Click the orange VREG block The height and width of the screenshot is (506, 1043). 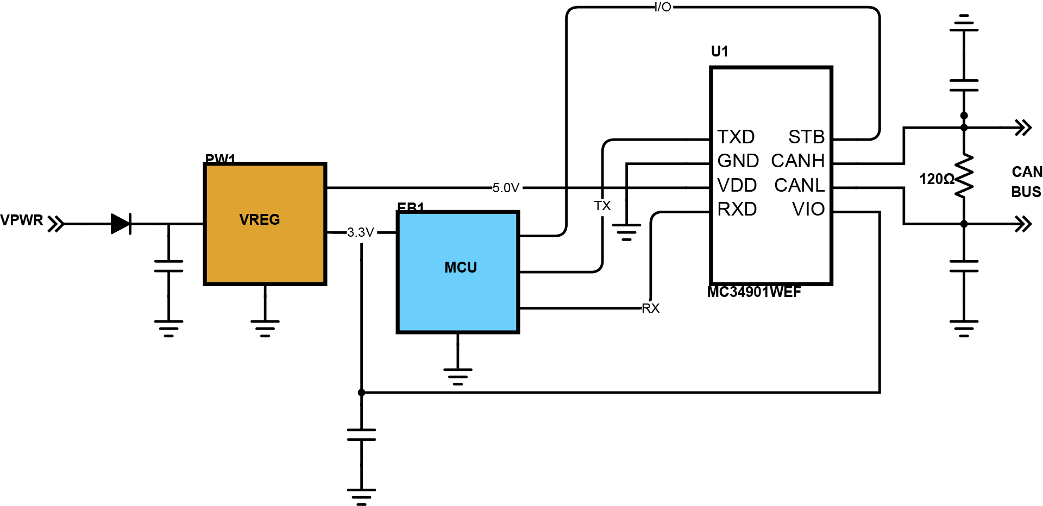[x=265, y=224]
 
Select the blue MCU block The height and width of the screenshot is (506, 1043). [x=458, y=271]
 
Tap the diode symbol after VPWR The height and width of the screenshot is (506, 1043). [x=121, y=224]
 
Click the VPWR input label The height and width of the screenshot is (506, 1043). [x=22, y=220]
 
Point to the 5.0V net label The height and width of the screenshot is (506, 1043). [x=506, y=188]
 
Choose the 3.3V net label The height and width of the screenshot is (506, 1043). [x=361, y=233]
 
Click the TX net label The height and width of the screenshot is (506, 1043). [x=602, y=206]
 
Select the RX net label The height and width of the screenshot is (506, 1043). [x=651, y=309]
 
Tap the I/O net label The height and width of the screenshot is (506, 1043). [x=663, y=8]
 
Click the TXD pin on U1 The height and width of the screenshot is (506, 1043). [x=736, y=137]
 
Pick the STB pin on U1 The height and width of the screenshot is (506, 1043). [x=806, y=137]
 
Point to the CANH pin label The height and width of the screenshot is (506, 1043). [x=797, y=161]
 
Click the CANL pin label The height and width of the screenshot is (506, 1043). [x=799, y=185]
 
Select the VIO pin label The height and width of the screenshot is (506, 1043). [x=808, y=209]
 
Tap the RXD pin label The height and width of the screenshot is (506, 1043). [x=737, y=209]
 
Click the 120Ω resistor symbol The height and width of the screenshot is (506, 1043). [x=964, y=176]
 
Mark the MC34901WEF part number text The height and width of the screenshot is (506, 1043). [x=754, y=292]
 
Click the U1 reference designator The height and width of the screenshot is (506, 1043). [x=720, y=52]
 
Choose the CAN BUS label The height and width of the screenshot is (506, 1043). [x=1026, y=182]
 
